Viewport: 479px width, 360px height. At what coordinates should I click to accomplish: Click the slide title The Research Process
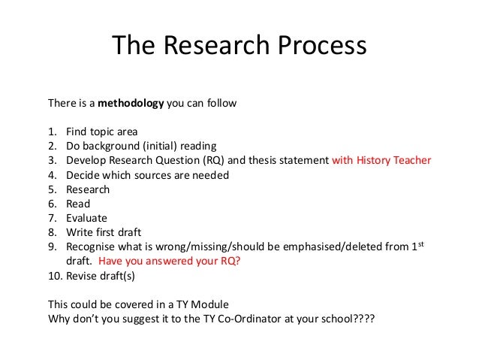coord(239,47)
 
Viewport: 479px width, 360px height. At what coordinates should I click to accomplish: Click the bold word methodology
coord(129,103)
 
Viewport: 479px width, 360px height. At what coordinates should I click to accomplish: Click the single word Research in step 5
coord(88,189)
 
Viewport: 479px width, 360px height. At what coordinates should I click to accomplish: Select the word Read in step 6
coord(78,204)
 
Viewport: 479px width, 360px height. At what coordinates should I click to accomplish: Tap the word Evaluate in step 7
coord(86,218)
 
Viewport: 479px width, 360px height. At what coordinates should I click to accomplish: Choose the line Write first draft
coord(103,232)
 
